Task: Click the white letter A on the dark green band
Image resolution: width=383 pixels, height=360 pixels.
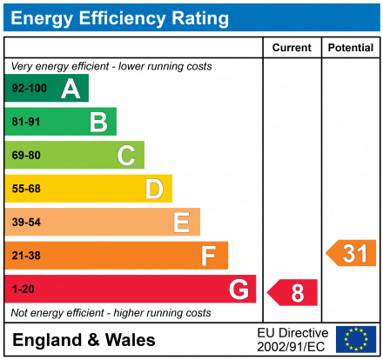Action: (71, 89)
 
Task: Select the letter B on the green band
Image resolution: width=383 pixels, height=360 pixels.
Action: (98, 122)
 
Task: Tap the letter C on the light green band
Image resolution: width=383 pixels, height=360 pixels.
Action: (126, 156)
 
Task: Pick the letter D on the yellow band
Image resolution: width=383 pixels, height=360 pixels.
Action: (154, 189)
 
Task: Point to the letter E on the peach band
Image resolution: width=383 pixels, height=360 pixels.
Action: (182, 223)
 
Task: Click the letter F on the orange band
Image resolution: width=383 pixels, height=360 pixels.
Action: (209, 256)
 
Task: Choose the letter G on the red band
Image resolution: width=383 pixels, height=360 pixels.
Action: (239, 290)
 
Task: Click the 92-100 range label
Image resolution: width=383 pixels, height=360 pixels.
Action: (30, 88)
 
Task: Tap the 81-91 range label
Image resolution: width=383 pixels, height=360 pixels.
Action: (26, 122)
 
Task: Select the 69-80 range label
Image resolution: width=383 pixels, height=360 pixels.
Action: (26, 155)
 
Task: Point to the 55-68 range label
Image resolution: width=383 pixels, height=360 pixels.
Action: (26, 189)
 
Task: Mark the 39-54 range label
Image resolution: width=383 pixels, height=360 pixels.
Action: (26, 222)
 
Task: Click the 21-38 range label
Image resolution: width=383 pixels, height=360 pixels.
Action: (26, 256)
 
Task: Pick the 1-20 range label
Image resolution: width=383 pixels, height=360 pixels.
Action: (24, 289)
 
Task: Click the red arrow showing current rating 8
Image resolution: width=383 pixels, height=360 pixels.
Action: (292, 292)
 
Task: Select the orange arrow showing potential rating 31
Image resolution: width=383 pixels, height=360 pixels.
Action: (351, 253)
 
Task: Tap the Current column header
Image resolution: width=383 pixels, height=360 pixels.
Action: (292, 48)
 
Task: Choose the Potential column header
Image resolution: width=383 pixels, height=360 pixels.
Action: (351, 48)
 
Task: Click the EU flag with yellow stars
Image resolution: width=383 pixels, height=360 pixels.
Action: (356, 339)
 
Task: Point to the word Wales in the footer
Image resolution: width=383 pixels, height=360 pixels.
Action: (131, 340)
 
